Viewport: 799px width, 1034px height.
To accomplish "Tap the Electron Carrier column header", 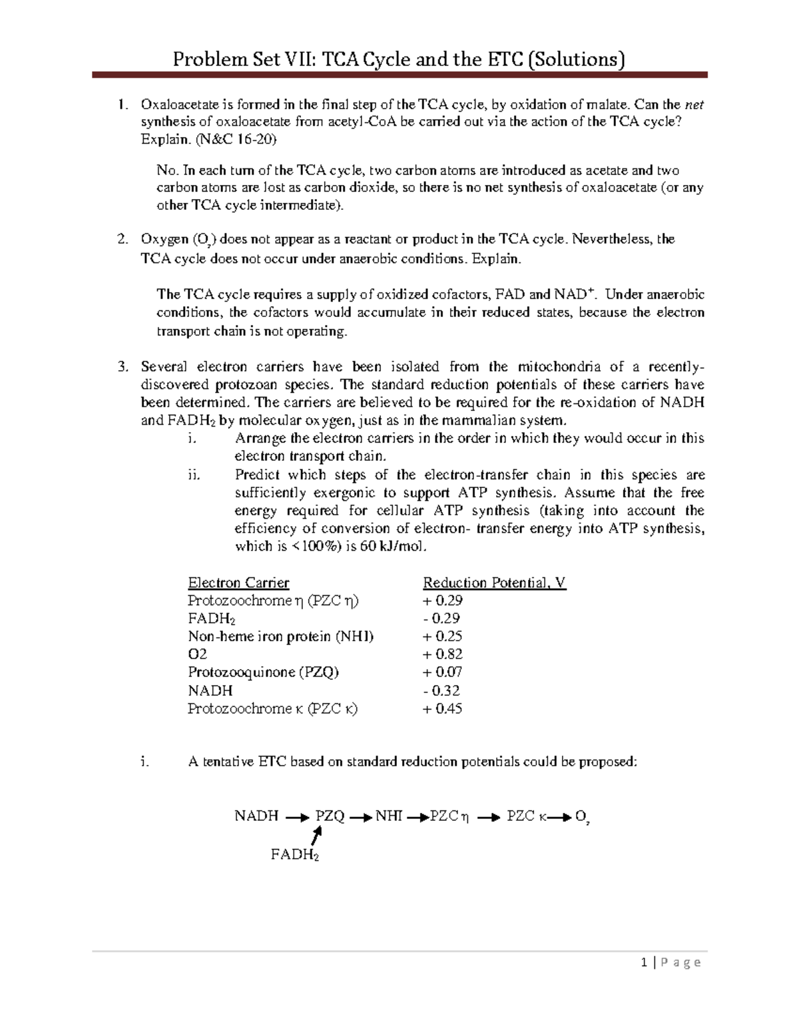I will (x=238, y=583).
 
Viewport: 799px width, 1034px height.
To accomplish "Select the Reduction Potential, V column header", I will (x=494, y=583).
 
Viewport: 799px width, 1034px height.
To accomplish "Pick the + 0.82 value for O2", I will (x=442, y=654).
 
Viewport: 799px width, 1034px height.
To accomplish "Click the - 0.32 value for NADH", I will (x=441, y=691).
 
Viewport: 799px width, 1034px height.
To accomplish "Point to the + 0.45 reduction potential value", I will (x=442, y=709).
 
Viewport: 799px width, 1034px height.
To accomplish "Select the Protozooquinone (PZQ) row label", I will (x=263, y=672).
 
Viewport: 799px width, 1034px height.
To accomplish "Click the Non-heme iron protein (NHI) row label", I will (x=280, y=637).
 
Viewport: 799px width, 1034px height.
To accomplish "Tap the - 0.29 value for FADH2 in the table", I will (x=441, y=619).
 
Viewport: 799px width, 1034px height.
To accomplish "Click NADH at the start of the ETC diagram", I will (x=256, y=816).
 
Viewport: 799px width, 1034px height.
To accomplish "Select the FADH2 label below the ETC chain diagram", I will (x=294, y=855).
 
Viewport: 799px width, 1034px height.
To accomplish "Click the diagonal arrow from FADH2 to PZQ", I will (x=317, y=836).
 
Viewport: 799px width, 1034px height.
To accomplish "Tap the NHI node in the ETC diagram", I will (x=389, y=816).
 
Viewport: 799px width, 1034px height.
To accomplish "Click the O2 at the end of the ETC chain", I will (x=582, y=818).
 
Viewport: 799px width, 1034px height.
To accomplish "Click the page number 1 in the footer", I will (x=644, y=963).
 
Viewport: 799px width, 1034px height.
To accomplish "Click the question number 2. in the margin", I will (x=122, y=240).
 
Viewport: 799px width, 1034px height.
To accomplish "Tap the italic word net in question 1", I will (x=694, y=105).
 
